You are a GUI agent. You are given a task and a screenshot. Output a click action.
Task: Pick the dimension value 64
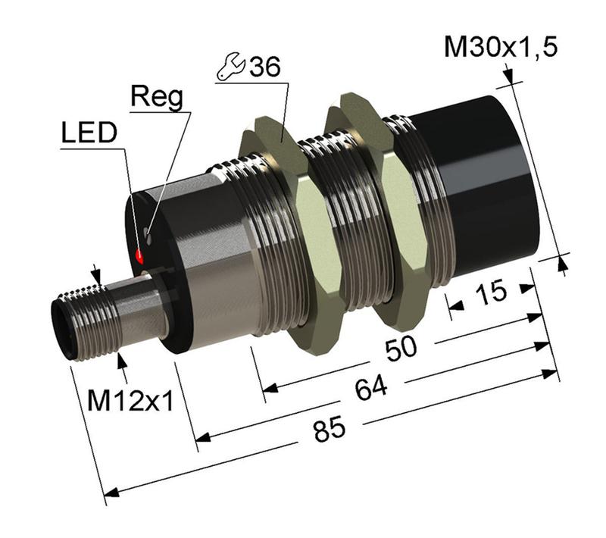[370, 389]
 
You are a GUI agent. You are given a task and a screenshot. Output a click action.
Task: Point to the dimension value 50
[402, 349]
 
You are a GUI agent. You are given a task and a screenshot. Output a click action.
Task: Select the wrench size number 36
[264, 67]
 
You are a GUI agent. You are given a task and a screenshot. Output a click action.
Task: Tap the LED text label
[89, 133]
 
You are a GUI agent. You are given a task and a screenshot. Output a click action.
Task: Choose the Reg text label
[157, 97]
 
